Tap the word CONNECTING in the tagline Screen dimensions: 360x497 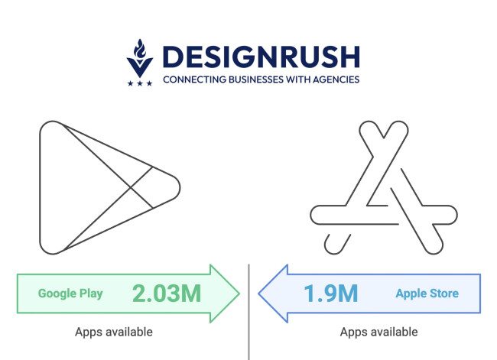(194, 79)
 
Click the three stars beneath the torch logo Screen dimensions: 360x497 (140, 83)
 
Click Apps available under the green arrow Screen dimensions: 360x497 (114, 332)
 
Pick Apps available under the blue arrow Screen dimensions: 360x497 (379, 332)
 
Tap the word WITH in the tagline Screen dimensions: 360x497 (300, 79)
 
